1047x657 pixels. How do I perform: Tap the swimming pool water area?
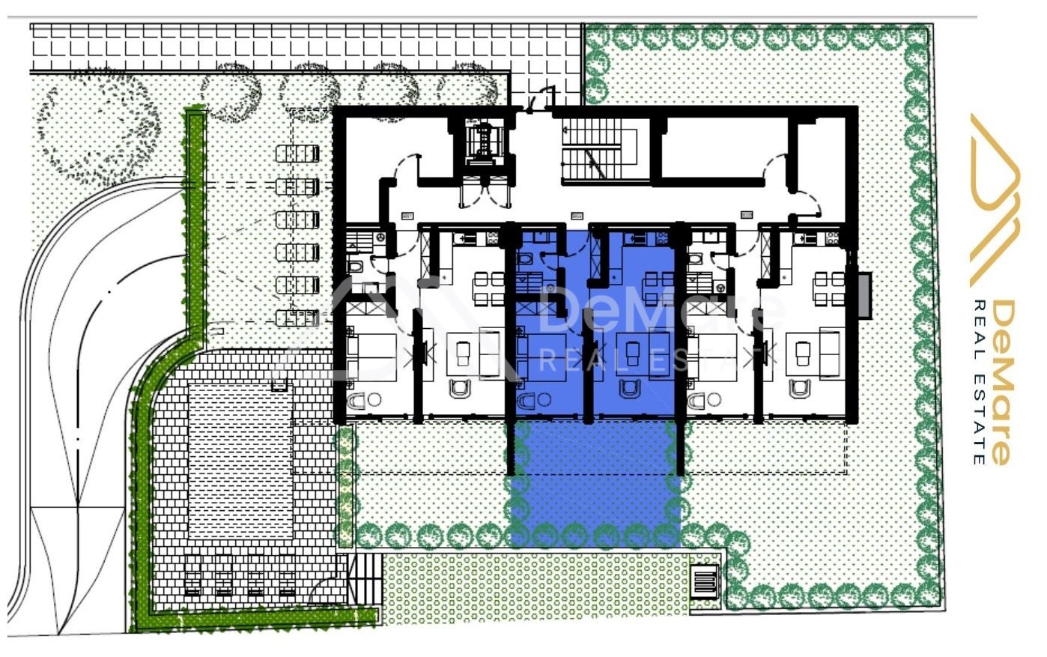pos(240,461)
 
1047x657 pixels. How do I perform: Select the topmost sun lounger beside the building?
pos(298,154)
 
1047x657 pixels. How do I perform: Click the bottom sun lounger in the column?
pos(298,318)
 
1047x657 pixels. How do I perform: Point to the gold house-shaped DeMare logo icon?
pos(995,200)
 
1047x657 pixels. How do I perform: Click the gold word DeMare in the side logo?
pos(1003,383)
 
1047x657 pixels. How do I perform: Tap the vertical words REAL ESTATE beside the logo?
pos(979,383)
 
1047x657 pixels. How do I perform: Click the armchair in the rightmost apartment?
pos(800,388)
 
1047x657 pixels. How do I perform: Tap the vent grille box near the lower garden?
pos(705,581)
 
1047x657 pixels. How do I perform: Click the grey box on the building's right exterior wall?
pos(865,295)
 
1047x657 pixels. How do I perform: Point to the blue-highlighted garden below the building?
pos(595,484)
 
